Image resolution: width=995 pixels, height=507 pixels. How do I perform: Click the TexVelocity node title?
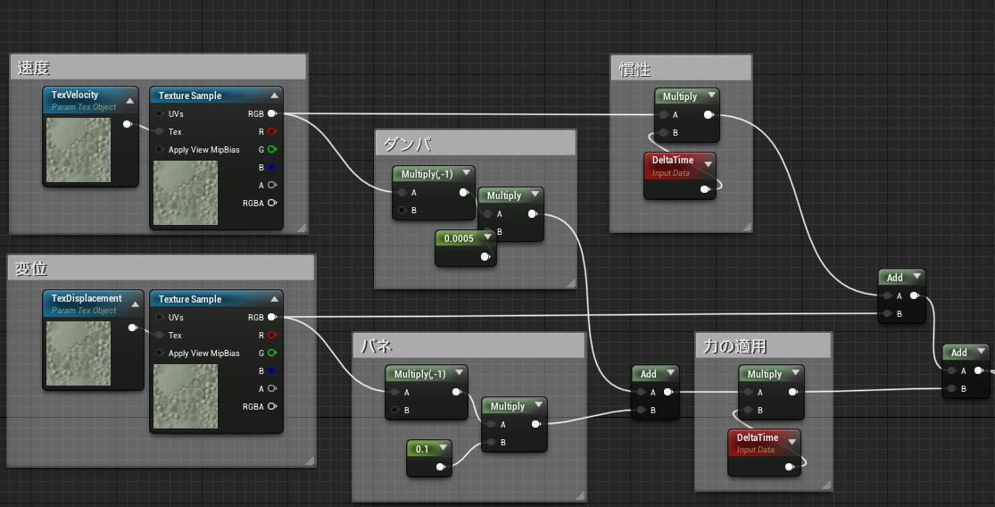[x=75, y=96]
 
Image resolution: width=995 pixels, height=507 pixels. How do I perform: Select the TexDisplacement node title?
[x=87, y=298]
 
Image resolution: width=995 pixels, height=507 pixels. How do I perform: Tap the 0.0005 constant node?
[x=465, y=246]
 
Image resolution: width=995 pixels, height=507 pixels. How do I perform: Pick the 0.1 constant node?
[x=429, y=458]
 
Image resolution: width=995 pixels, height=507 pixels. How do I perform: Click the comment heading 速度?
[x=34, y=68]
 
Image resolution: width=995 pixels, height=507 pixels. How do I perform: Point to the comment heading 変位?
[x=31, y=269]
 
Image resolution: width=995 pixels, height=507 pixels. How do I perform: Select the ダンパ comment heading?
[x=407, y=144]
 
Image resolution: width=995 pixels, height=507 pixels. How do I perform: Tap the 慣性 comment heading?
[x=634, y=69]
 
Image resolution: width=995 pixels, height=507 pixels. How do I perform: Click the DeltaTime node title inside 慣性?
[x=673, y=160]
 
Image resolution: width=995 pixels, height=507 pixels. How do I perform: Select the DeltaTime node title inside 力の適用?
[x=757, y=437]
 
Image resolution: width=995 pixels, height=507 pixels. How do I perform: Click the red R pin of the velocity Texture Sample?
[x=271, y=131]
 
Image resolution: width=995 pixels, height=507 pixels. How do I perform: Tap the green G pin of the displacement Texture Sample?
[x=271, y=353]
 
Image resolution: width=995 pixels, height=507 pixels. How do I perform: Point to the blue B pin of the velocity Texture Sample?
[x=271, y=167]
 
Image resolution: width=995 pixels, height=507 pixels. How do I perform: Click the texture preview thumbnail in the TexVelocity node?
[x=78, y=150]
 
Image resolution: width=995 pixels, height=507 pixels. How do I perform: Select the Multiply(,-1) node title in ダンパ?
[x=427, y=174]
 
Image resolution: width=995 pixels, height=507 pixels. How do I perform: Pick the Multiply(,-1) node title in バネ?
[x=420, y=374]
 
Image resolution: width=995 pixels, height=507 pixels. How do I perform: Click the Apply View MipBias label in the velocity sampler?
[x=203, y=150]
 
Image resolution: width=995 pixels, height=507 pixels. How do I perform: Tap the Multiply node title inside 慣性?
[x=680, y=96]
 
